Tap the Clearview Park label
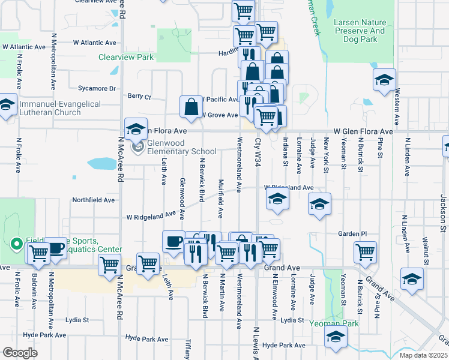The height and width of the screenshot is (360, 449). tap(126, 58)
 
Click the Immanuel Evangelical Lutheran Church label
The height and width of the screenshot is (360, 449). tap(60, 108)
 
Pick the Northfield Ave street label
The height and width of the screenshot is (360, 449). tap(93, 200)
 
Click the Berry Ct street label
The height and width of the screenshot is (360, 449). tap(139, 96)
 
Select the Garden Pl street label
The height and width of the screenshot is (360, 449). tap(352, 233)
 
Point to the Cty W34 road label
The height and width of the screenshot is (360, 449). tap(258, 152)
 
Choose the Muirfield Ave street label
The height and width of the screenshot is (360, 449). tap(220, 198)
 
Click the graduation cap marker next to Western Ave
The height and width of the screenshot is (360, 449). tap(384, 80)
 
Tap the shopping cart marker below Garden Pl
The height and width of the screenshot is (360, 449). tap(365, 252)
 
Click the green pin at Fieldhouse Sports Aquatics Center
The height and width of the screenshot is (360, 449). tap(17, 244)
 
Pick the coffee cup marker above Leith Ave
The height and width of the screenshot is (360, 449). tap(173, 242)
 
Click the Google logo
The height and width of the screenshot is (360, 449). tap(19, 352)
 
